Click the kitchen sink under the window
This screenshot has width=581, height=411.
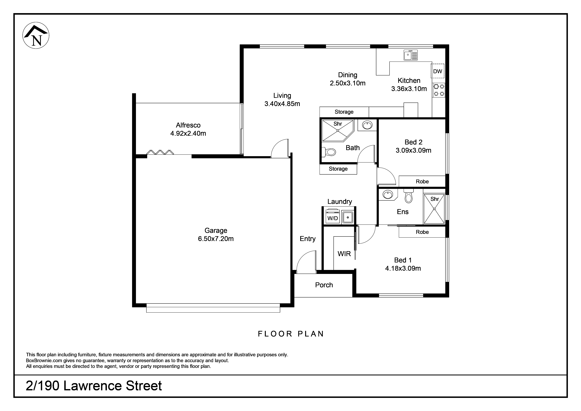410,55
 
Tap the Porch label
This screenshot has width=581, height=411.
324,285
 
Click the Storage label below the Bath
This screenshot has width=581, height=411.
338,169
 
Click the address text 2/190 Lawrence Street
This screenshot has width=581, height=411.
94,386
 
